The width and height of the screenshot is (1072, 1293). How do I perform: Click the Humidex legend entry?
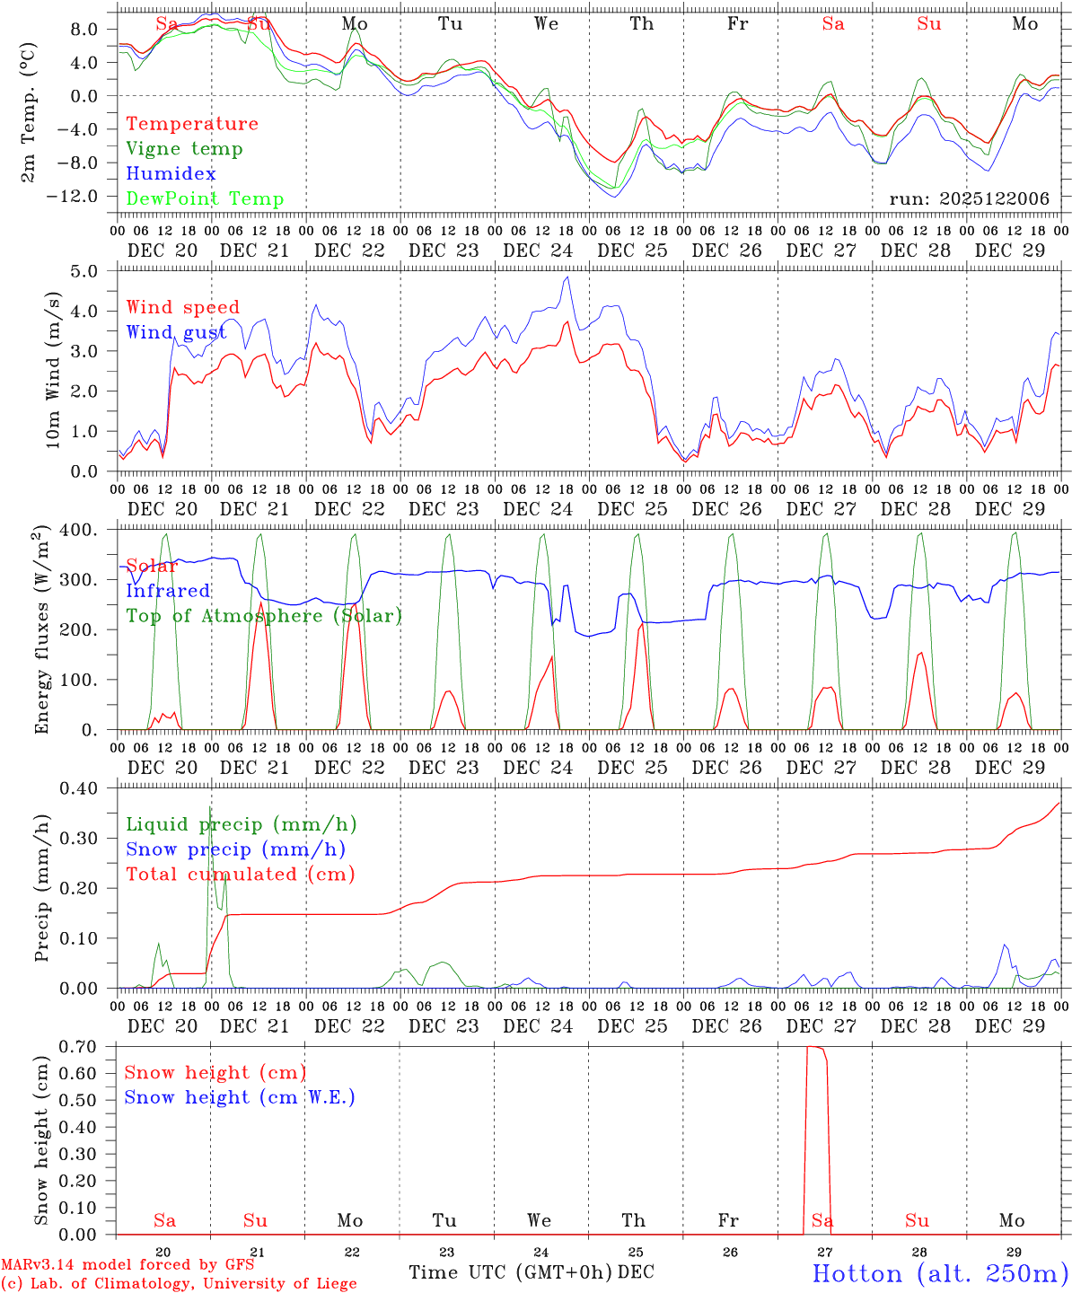[x=171, y=174]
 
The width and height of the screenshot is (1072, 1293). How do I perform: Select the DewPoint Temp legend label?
[x=205, y=199]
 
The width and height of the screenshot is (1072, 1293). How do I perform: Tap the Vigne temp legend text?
[x=184, y=149]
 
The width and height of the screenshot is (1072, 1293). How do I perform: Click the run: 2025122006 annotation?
[x=969, y=199]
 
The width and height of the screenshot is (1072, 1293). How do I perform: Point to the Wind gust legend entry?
[x=176, y=332]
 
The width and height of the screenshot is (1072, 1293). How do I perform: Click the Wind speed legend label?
[x=183, y=308]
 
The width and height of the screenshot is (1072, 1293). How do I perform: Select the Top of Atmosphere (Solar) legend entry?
[x=264, y=616]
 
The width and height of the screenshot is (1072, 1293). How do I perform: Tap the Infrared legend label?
[x=168, y=591]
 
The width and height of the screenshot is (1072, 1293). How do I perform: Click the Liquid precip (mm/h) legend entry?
[x=242, y=824]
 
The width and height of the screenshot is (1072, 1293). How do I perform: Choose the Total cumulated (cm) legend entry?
[x=241, y=874]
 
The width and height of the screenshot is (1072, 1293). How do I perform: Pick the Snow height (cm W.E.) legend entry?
[x=240, y=1097]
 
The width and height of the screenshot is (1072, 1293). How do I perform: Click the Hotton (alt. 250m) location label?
[x=939, y=1273]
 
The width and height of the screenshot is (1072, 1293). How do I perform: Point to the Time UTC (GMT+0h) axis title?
[x=511, y=1272]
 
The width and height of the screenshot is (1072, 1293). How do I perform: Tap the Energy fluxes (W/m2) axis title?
[x=42, y=631]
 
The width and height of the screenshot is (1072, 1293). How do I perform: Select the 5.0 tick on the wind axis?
[x=83, y=271]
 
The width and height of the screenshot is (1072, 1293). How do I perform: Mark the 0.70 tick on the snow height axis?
[x=80, y=1046]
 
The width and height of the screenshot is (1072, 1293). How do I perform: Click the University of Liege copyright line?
[x=179, y=1284]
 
